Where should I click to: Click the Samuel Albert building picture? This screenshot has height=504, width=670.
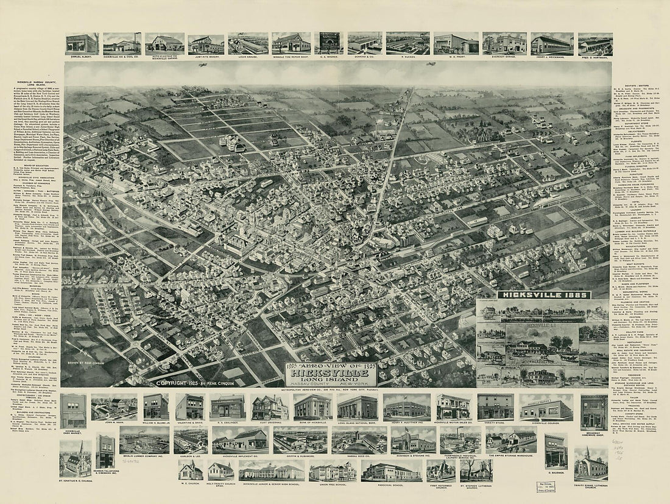[82, 43]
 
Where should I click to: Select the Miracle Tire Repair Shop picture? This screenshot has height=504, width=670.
[291, 43]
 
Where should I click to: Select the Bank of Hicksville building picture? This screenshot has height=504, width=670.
[312, 406]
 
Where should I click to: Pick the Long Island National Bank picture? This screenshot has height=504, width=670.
[358, 406]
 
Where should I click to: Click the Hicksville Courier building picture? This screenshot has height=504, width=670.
[546, 406]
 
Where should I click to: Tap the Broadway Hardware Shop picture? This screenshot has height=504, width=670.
[594, 411]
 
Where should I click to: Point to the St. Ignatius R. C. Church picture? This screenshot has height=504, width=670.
[75, 458]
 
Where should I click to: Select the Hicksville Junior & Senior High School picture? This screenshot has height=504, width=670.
[272, 470]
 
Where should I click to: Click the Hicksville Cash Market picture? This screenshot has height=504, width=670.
[73, 410]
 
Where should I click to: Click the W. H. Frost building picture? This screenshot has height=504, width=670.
[456, 43]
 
